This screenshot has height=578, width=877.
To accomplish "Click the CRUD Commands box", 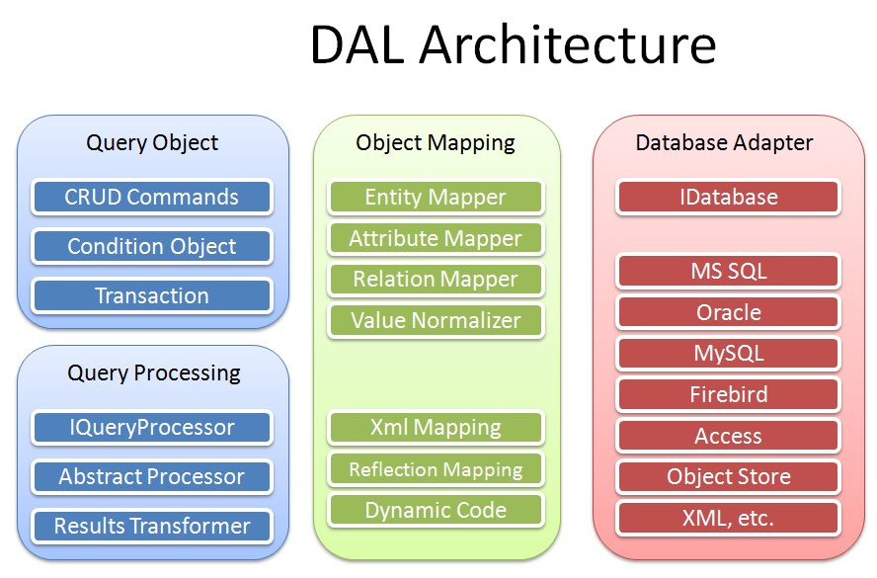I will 151,197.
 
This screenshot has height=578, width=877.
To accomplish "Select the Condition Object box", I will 151,246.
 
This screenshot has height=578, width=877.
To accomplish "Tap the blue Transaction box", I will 151,295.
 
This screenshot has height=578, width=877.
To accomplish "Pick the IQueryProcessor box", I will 151,427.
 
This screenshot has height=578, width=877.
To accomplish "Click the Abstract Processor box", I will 151,476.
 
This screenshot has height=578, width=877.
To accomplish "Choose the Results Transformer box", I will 151,526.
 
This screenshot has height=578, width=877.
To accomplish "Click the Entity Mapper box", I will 436,197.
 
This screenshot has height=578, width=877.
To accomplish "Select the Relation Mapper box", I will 436,280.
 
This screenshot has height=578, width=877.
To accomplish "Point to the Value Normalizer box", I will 436,320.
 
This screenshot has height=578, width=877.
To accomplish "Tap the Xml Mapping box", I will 436,427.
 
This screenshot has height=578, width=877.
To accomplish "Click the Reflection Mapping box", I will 436,469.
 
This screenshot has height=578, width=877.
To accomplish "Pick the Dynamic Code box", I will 436,510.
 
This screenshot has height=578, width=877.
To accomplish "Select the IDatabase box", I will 728,197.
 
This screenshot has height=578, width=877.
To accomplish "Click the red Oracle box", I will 728,312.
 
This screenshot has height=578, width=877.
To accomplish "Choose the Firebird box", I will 728,394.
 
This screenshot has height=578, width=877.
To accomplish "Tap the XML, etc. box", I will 728,518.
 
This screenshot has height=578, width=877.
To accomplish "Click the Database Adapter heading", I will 724,142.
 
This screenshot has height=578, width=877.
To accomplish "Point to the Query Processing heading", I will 153,372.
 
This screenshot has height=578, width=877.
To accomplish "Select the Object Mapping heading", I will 436,142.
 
